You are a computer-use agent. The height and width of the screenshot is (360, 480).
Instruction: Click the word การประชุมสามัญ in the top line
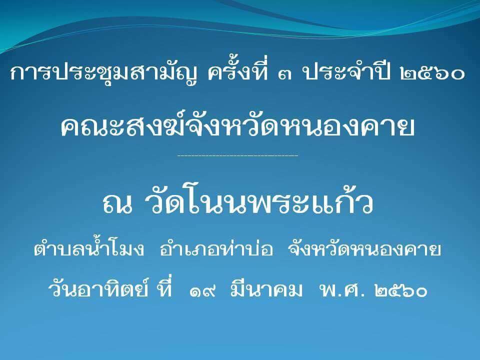click(104, 73)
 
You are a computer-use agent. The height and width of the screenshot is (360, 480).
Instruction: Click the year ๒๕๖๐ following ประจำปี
click(432, 74)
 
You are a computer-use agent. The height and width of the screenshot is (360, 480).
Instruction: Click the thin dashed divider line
click(237, 155)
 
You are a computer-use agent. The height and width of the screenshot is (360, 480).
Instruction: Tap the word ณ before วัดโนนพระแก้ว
click(118, 203)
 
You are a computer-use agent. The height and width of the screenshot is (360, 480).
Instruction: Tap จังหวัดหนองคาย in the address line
click(364, 249)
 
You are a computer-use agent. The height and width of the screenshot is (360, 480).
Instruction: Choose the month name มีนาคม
click(266, 288)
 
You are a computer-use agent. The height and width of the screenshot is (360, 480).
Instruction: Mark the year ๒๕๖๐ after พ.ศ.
click(400, 290)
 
